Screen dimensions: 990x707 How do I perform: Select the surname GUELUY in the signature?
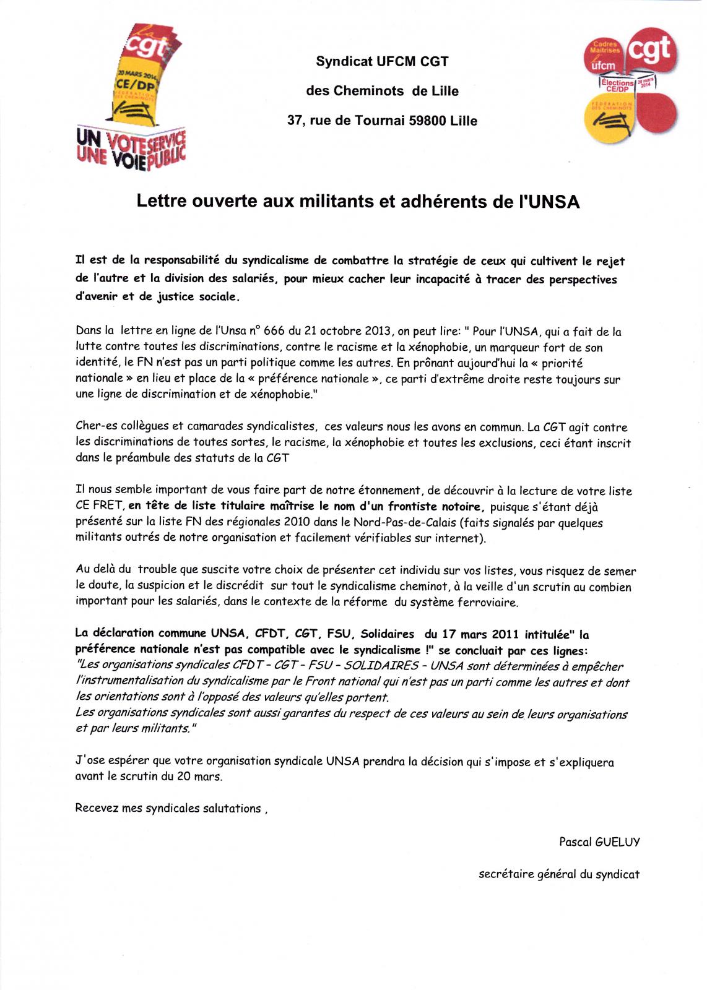pyautogui.click(x=617, y=841)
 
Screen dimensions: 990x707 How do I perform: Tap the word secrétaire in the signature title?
pyautogui.click(x=504, y=874)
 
